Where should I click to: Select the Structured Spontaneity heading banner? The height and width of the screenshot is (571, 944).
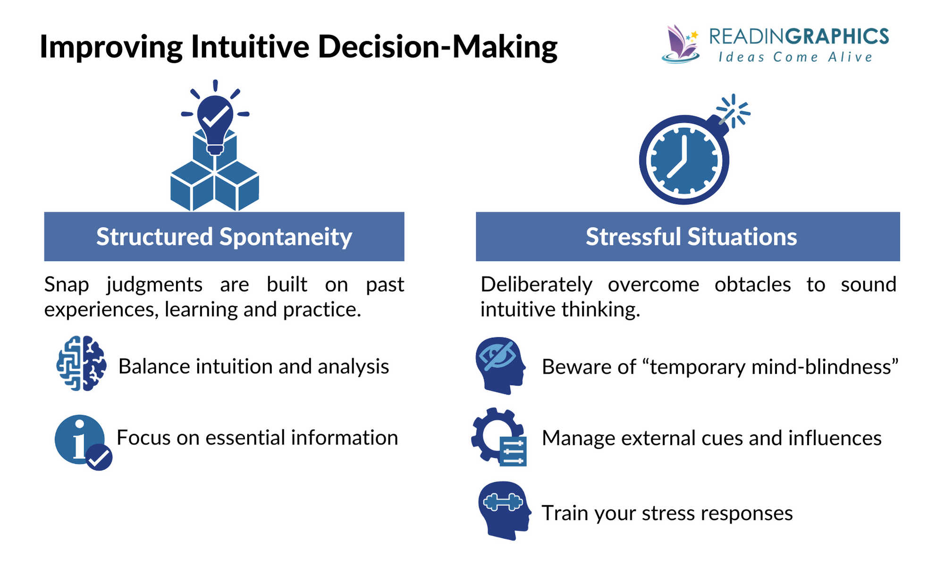coord(224,236)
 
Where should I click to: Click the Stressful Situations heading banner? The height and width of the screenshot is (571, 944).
coord(688,236)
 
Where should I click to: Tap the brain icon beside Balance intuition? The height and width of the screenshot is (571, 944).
coord(81,363)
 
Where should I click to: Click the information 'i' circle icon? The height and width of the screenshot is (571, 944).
coord(79,438)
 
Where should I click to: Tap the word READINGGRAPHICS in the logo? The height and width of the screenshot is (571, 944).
coord(799,37)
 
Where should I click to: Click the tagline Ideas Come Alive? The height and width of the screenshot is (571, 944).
coord(795,58)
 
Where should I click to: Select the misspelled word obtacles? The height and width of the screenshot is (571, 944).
coord(752,285)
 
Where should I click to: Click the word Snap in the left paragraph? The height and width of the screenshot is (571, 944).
coord(67,285)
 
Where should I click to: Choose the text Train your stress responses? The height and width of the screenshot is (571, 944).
coord(667,513)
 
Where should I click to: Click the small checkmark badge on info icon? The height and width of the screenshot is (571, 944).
coord(99,457)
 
